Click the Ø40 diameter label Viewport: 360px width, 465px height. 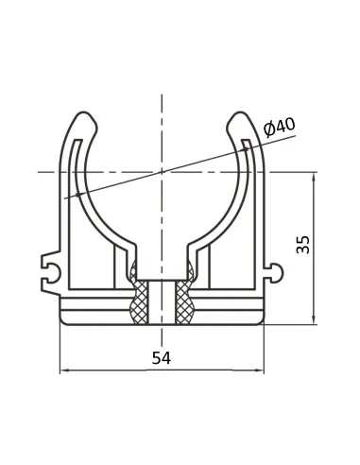[x=280, y=128]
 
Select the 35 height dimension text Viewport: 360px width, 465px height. [x=303, y=244]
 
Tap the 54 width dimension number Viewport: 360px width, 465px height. [x=162, y=358]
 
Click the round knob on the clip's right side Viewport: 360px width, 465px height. [x=276, y=273]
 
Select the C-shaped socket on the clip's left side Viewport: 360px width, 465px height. [x=50, y=270]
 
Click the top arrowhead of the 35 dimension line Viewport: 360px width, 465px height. [x=314, y=177]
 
